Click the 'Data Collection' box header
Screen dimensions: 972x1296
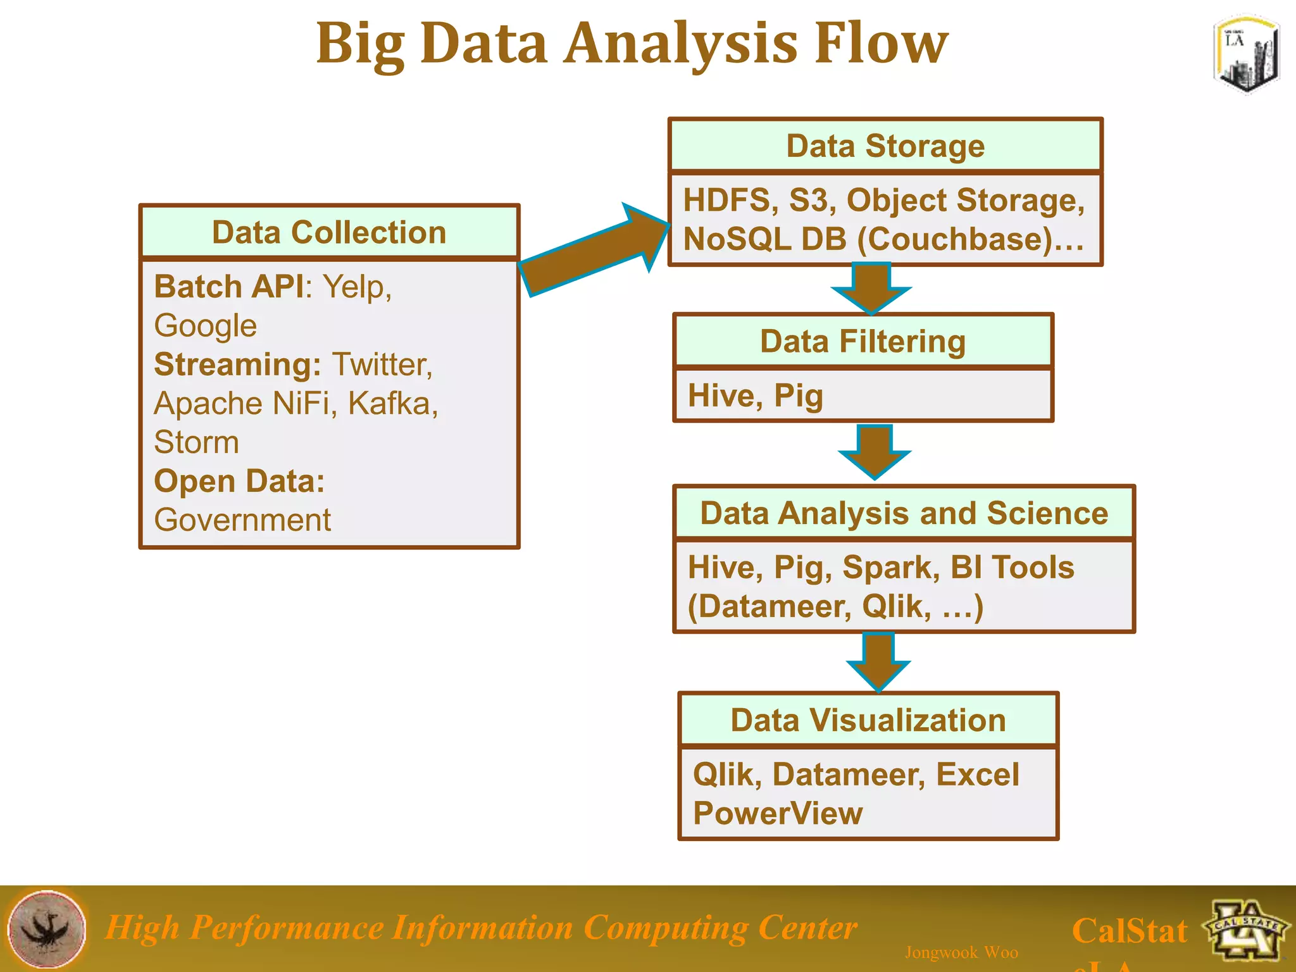tap(329, 232)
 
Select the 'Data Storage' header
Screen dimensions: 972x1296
tap(885, 146)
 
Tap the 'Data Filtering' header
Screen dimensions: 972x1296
tap(863, 342)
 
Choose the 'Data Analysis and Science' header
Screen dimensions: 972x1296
tap(904, 513)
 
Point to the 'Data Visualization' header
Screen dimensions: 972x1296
tap(868, 720)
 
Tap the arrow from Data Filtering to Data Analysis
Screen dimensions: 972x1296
tap(875, 451)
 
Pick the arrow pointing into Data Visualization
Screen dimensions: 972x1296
tap(878, 661)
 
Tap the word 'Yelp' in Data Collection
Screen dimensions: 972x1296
tap(354, 287)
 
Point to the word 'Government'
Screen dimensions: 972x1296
tap(242, 520)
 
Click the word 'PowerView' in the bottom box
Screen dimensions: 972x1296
tap(778, 813)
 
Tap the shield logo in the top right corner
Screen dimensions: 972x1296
tap(1245, 55)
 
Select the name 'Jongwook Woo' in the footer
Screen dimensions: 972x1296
tap(961, 952)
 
